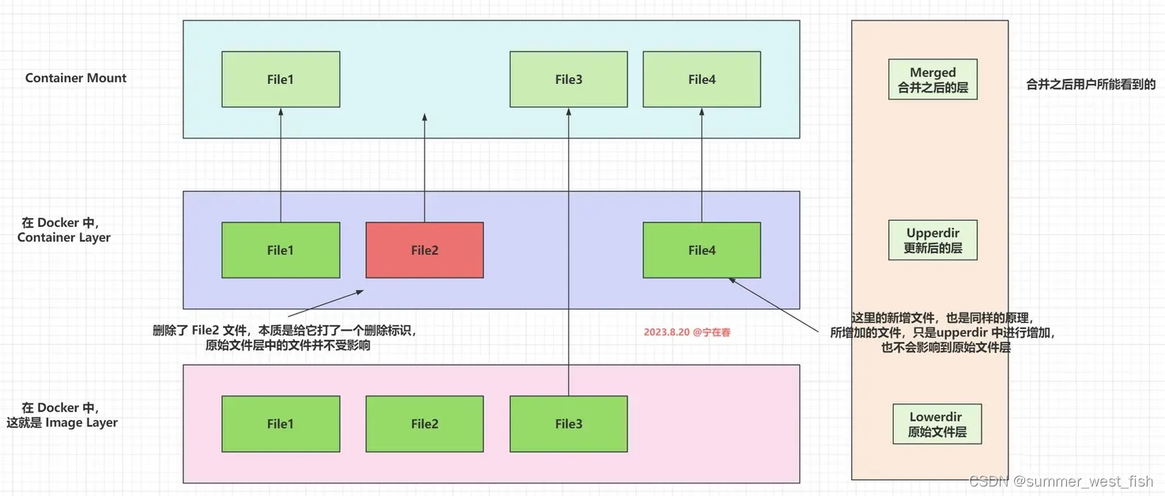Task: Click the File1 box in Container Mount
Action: pyautogui.click(x=281, y=79)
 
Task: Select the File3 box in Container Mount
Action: pyautogui.click(x=568, y=79)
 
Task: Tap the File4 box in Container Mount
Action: pyautogui.click(x=702, y=79)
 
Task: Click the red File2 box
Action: pyautogui.click(x=424, y=250)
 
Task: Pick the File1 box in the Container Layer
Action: pyautogui.click(x=281, y=250)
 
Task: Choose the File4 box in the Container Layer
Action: pyautogui.click(x=702, y=250)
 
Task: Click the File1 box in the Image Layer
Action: pyautogui.click(x=281, y=424)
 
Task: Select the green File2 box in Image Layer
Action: pyautogui.click(x=424, y=424)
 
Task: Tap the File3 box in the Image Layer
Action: pyautogui.click(x=568, y=424)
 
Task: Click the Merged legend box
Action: pyautogui.click(x=933, y=80)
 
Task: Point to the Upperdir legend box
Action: pyautogui.click(x=933, y=240)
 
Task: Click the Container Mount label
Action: pyautogui.click(x=76, y=78)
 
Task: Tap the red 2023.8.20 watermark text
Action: pyautogui.click(x=687, y=332)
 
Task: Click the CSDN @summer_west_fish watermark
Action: pyautogui.click(x=1060, y=481)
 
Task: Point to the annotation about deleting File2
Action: pyautogui.click(x=285, y=339)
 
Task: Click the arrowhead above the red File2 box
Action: pyautogui.click(x=424, y=118)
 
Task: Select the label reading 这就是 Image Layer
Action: pyautogui.click(x=62, y=422)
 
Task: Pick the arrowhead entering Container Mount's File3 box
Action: pyautogui.click(x=568, y=112)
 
